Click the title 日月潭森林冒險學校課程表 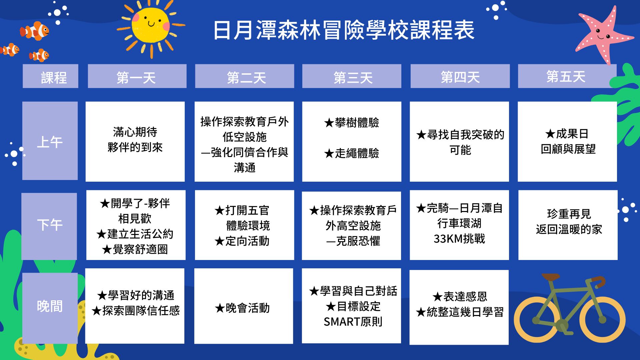344,30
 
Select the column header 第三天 352,76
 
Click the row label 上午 50,141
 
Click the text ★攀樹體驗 352,123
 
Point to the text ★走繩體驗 352,153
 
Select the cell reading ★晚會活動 244,306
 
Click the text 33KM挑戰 459,239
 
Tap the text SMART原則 353,322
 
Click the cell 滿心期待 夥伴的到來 135,142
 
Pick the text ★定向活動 242,241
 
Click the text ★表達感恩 460,296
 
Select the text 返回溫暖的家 569,229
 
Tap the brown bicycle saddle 551,277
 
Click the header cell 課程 50,76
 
